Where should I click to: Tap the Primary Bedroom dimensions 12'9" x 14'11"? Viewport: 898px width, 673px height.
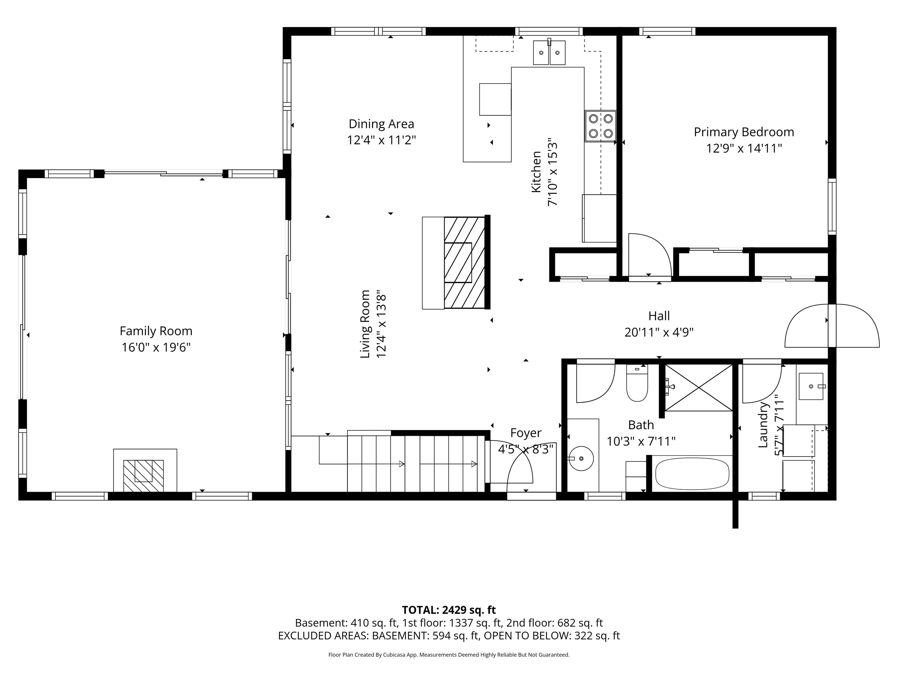[x=744, y=148]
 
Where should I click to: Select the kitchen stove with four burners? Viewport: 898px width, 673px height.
[x=600, y=126]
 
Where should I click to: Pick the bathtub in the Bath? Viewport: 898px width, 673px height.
[x=692, y=473]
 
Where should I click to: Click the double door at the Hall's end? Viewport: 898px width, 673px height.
[x=832, y=326]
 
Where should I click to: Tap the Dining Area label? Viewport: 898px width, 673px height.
[x=381, y=124]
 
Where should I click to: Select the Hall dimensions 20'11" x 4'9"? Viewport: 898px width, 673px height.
[x=659, y=332]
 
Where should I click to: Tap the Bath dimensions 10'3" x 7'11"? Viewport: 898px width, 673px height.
[x=641, y=441]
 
